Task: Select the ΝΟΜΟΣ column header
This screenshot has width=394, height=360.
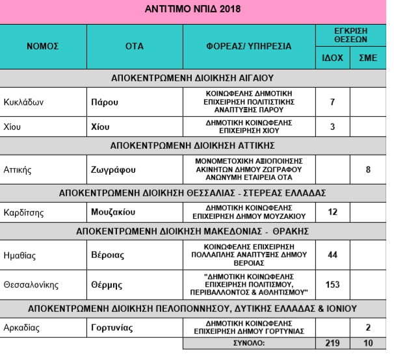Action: pyautogui.click(x=43, y=46)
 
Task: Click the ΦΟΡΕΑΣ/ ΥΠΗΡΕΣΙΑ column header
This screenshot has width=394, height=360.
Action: pyautogui.click(x=248, y=46)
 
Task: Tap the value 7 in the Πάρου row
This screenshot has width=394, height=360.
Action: pyautogui.click(x=333, y=102)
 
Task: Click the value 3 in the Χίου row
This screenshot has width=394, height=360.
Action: pyautogui.click(x=333, y=126)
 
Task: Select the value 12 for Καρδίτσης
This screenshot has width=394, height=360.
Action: pyautogui.click(x=333, y=212)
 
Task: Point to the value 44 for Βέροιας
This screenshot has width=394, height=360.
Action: pyautogui.click(x=333, y=255)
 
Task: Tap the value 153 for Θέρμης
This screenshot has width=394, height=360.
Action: pyautogui.click(x=333, y=284)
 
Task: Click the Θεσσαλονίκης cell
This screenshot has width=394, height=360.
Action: pyautogui.click(x=31, y=284)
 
